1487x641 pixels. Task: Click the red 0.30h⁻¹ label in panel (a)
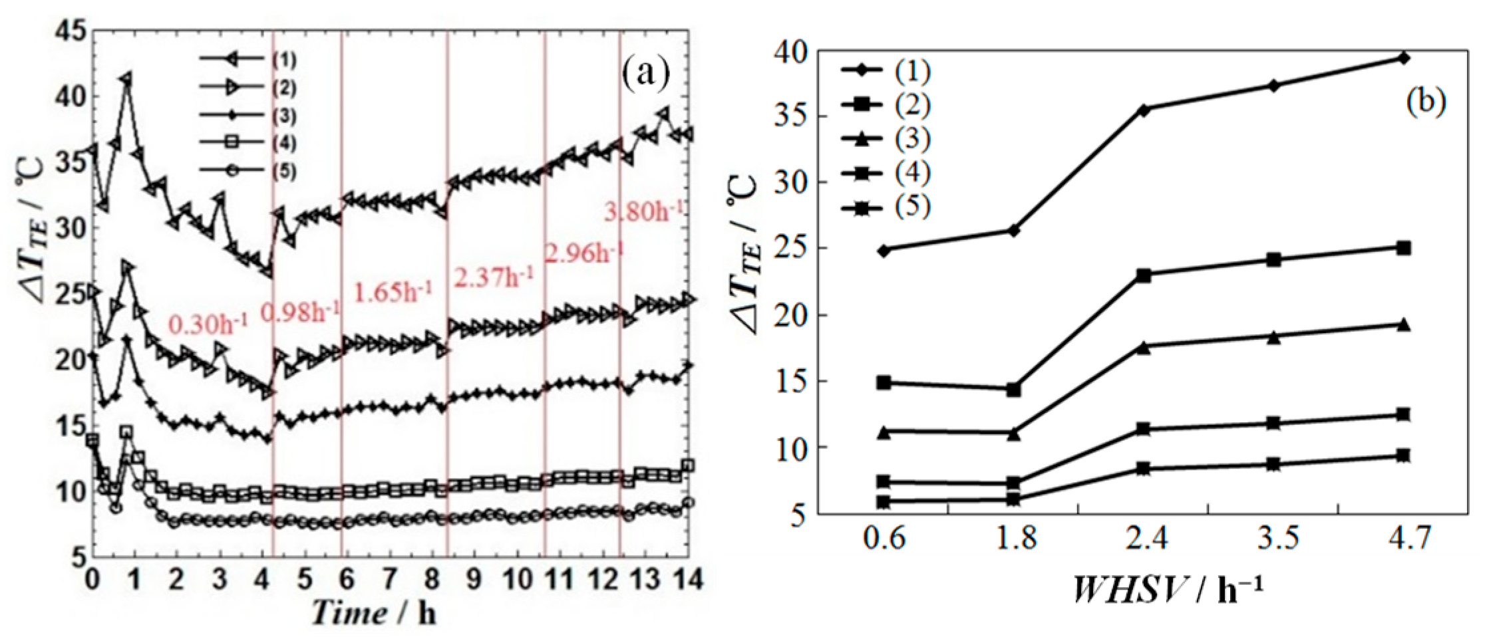tap(208, 324)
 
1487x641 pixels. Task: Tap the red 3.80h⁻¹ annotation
tap(643, 212)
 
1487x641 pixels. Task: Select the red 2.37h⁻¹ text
tap(493, 277)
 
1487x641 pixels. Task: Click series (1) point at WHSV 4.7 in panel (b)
tap(1404, 59)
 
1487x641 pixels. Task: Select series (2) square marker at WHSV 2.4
tap(1144, 275)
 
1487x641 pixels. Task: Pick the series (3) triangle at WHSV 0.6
tap(884, 433)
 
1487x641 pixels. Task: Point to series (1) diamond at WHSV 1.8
tap(1014, 230)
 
